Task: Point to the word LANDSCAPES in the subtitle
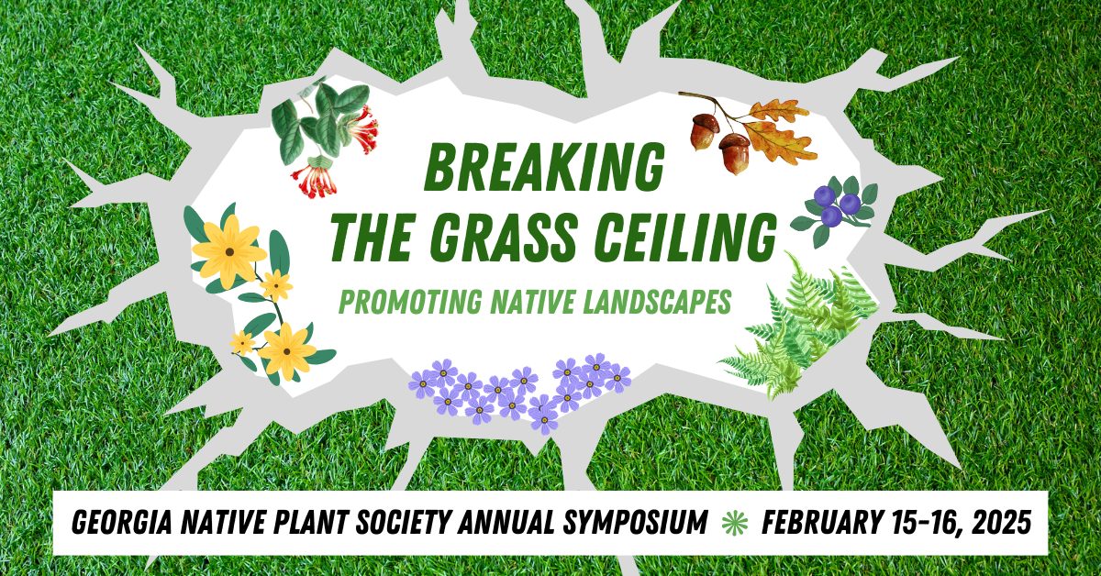pyautogui.click(x=649, y=300)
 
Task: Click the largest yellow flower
pyautogui.click(x=228, y=249)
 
